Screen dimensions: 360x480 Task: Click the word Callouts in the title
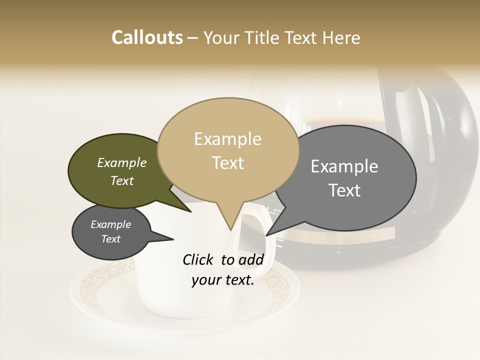coord(147,37)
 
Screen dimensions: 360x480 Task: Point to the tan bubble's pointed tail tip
coord(230,229)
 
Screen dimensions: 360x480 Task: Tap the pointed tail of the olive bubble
coord(190,211)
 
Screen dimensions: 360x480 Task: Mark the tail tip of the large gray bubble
coord(267,234)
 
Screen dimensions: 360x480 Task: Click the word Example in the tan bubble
coord(227,139)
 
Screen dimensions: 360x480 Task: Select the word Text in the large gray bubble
coord(344,190)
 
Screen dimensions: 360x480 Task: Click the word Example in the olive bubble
coord(122,162)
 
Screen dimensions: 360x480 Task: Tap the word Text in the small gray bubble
coord(111,239)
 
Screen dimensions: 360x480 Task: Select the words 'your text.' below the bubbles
coord(223,280)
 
